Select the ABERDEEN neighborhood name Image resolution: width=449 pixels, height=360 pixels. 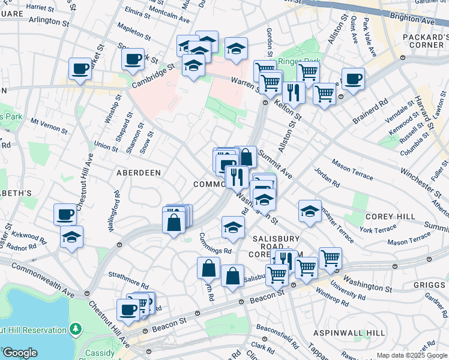[x=139, y=172]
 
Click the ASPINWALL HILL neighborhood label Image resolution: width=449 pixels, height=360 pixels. [x=349, y=332]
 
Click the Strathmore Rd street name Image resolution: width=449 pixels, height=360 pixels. [x=128, y=279]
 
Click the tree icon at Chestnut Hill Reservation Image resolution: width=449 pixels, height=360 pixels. [x=76, y=329]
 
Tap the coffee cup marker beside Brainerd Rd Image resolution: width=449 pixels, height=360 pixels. [x=353, y=79]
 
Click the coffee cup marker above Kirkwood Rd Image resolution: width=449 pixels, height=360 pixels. [x=65, y=214]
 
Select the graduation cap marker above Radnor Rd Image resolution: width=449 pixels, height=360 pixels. [x=72, y=236]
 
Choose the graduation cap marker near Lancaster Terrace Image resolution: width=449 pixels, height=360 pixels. [x=310, y=211]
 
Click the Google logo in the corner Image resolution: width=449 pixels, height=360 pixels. [x=20, y=353]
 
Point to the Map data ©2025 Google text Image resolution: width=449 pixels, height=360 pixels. [x=412, y=355]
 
